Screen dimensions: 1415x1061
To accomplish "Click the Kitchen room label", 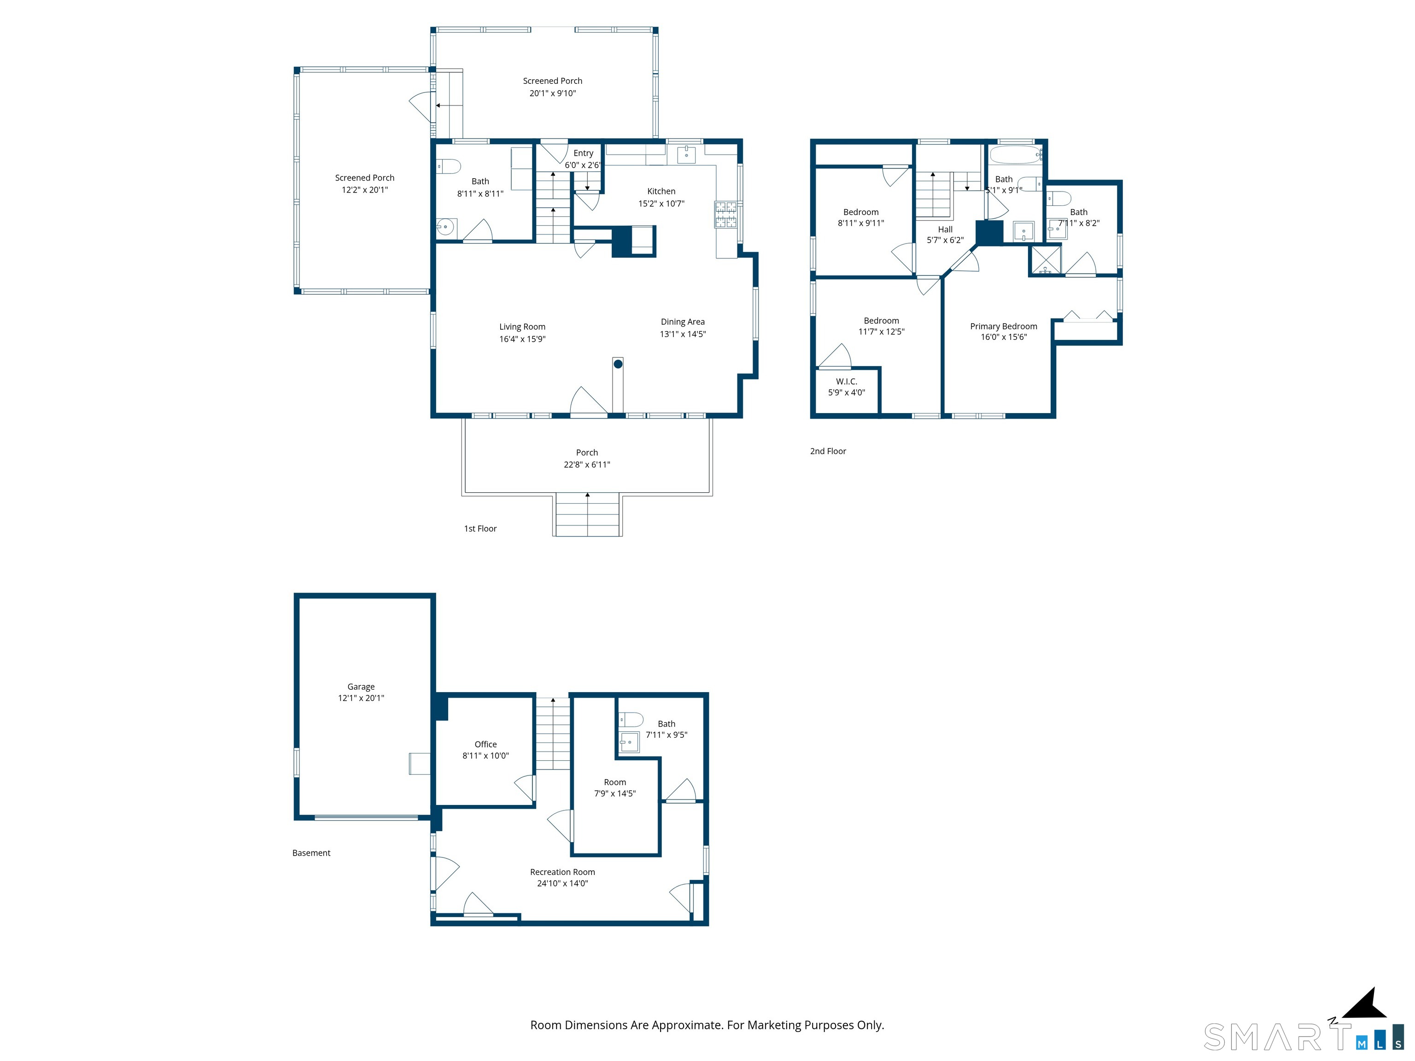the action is (x=661, y=191).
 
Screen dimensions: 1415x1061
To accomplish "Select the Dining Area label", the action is (x=683, y=322).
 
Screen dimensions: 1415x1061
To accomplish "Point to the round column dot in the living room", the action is (x=618, y=364).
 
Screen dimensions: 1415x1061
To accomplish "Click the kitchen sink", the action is (x=686, y=154).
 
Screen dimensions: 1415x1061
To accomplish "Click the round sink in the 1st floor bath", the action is (x=446, y=227).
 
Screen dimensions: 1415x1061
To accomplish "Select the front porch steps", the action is (x=587, y=514).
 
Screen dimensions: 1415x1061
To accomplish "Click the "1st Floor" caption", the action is (x=480, y=528).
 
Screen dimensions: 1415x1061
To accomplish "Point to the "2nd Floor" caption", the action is (x=828, y=451).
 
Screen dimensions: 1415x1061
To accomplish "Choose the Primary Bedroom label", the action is (x=1004, y=326).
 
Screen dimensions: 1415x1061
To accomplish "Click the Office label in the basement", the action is (x=485, y=744).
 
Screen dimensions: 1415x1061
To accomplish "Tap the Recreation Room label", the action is (x=562, y=872).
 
